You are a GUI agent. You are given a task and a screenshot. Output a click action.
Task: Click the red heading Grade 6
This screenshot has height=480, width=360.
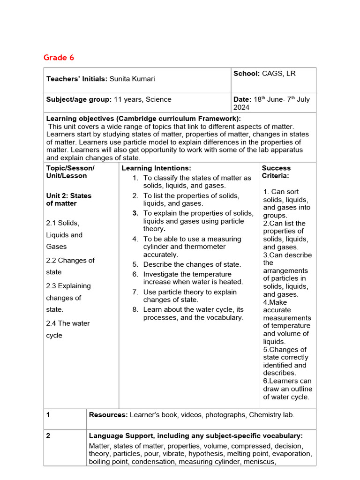tap(59, 58)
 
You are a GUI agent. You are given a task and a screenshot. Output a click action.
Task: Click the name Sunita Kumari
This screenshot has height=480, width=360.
tap(133, 79)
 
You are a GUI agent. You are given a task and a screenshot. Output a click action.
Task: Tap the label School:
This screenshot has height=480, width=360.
tap(247, 74)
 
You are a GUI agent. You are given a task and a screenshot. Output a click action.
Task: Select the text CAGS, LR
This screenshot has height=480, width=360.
tap(279, 74)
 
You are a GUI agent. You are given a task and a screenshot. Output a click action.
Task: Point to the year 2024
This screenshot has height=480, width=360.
tap(241, 107)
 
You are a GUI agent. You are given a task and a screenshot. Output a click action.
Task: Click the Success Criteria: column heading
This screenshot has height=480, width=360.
tap(276, 172)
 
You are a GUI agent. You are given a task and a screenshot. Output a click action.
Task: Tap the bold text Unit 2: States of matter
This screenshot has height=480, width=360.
tap(69, 200)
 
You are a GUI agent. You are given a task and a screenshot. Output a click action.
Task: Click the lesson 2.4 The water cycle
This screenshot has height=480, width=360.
tap(67, 329)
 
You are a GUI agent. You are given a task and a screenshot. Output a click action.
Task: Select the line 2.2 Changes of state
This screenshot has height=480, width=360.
tap(70, 266)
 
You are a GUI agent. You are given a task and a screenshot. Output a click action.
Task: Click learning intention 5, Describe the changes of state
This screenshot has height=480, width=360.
tap(192, 264)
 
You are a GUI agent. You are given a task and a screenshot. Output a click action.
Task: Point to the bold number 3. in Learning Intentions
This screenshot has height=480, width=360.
tap(135, 213)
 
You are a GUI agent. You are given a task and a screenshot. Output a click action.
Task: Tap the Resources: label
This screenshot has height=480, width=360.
tap(108, 414)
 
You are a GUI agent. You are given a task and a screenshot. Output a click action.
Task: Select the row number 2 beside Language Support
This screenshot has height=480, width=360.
tap(48, 435)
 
